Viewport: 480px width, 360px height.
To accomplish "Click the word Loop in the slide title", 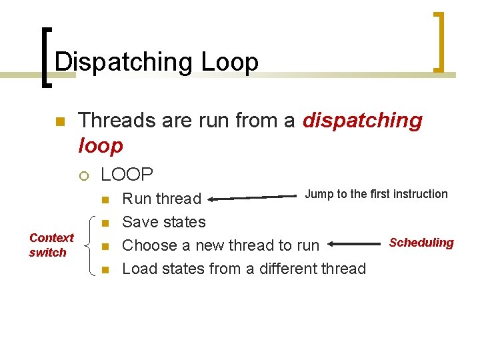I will coord(229,62).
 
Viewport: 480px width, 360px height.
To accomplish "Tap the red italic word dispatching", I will coord(362,121).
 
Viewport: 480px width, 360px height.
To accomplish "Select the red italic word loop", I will coord(101,145).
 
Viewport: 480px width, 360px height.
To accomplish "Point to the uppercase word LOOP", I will coord(127,175).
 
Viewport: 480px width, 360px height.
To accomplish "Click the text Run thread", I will coord(162,199).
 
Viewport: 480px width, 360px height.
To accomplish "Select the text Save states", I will coord(164,222).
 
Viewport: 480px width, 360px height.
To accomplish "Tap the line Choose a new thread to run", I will coord(221,245).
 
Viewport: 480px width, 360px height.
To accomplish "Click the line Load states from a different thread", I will coord(244,269).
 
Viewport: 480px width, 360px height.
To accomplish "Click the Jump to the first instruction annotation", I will coord(376,194).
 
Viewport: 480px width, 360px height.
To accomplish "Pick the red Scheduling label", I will coord(421,243).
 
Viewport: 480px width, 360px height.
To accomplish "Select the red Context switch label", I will coord(51,245).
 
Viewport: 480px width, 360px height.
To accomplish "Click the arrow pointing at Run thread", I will coord(253,197).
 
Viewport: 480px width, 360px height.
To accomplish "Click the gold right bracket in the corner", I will coord(439,41).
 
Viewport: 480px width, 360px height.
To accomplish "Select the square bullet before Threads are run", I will coord(59,122).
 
